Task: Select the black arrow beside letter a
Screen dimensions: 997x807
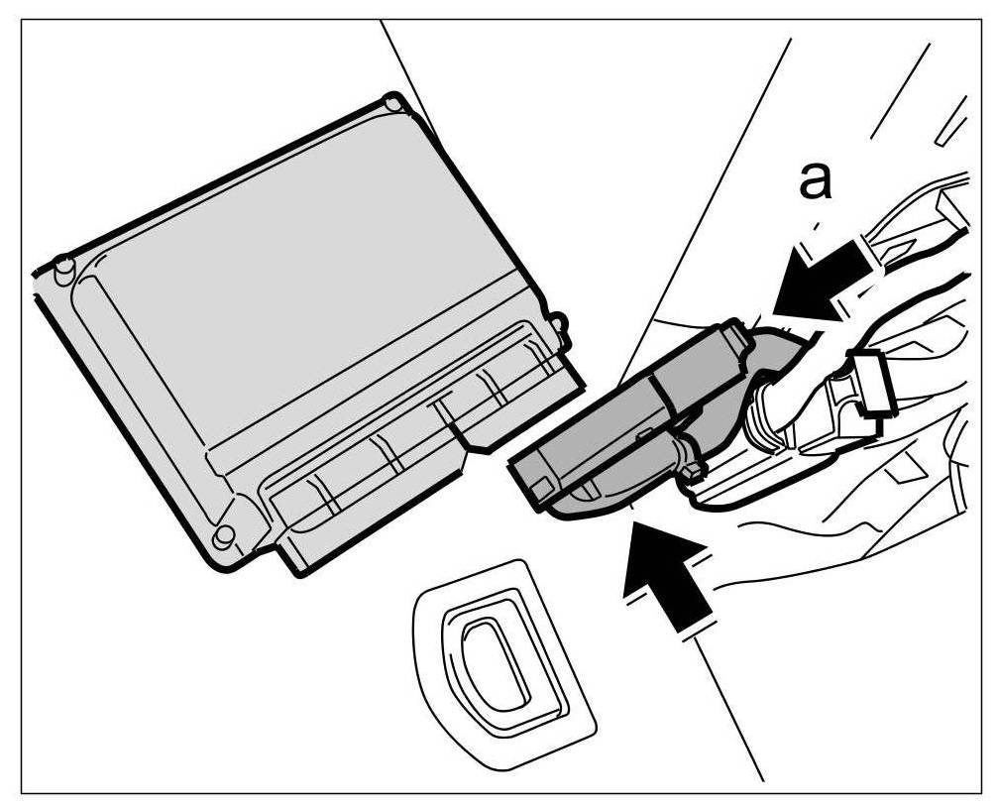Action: click(x=818, y=279)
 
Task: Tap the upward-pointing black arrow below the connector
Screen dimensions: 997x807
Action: click(x=668, y=580)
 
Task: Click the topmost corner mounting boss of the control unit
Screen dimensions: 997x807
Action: click(x=392, y=102)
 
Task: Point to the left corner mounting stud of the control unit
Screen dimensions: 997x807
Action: click(x=60, y=268)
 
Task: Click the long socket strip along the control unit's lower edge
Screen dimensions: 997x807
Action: click(x=396, y=456)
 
